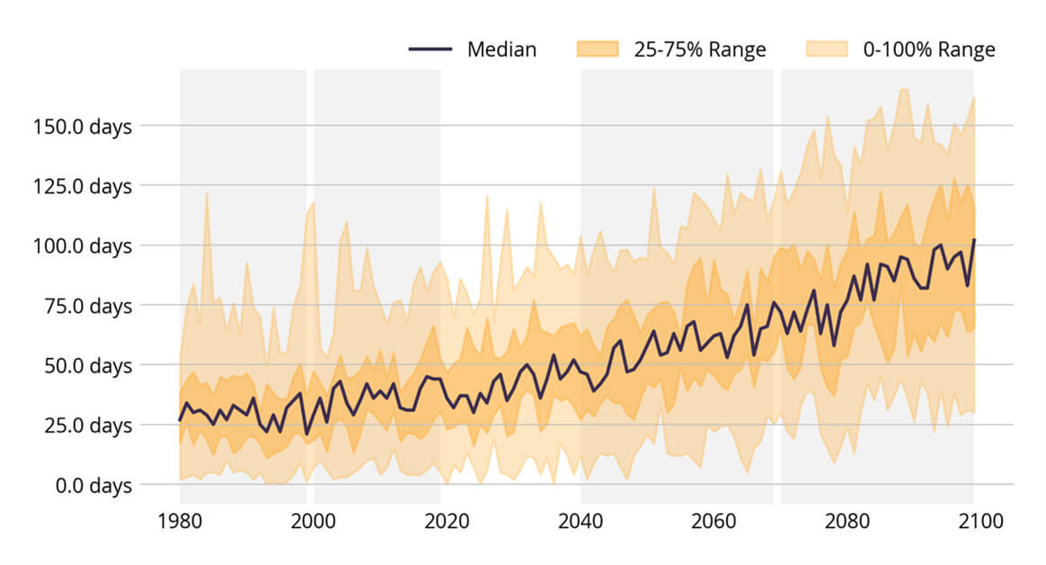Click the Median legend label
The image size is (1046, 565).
pos(501,49)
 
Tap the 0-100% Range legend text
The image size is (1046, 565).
pos(929,49)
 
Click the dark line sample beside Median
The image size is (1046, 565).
pos(430,49)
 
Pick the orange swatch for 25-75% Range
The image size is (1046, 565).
pos(598,49)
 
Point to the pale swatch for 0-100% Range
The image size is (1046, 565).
pos(827,49)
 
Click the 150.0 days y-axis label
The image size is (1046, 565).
pos(82,126)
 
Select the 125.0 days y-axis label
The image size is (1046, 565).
pos(82,186)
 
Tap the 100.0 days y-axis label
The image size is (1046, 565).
pos(82,246)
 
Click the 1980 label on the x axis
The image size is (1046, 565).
pos(181,522)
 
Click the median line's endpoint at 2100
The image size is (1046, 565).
pos(974,240)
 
